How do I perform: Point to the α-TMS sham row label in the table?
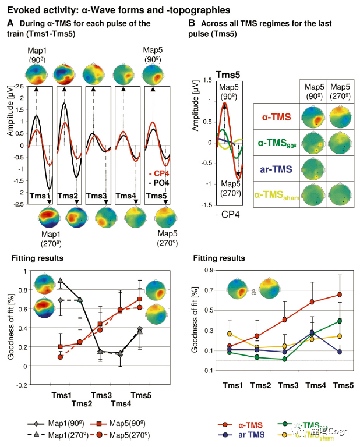[x=276, y=193]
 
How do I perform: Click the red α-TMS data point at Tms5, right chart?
[x=340, y=295]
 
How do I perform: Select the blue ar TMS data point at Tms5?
[x=340, y=352]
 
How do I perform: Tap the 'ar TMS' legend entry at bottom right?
[x=250, y=434]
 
